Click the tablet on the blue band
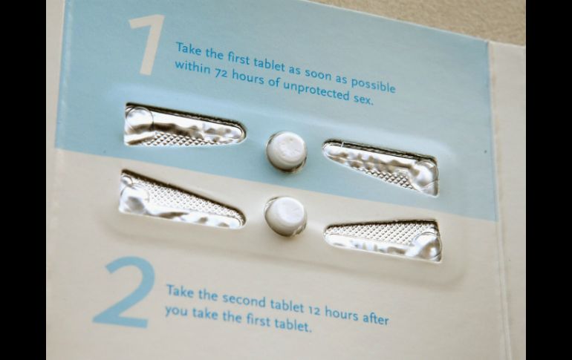286,151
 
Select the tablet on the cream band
285,216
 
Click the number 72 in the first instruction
220,74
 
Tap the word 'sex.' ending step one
363,99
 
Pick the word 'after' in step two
376,318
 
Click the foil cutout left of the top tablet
183,125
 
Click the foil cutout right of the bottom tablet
383,240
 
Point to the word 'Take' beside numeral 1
189,49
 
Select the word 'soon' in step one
318,75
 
